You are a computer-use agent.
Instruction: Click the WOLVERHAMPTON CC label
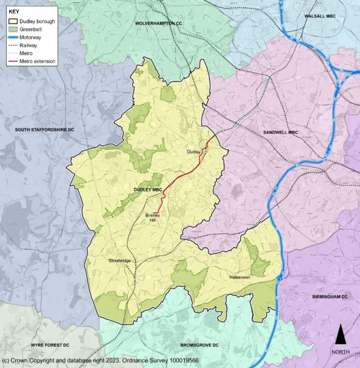[x=159, y=22]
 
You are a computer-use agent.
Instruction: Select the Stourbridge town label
[x=120, y=261]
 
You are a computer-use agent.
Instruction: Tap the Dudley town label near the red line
[x=193, y=152]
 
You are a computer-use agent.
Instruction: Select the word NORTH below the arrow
[x=341, y=351]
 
